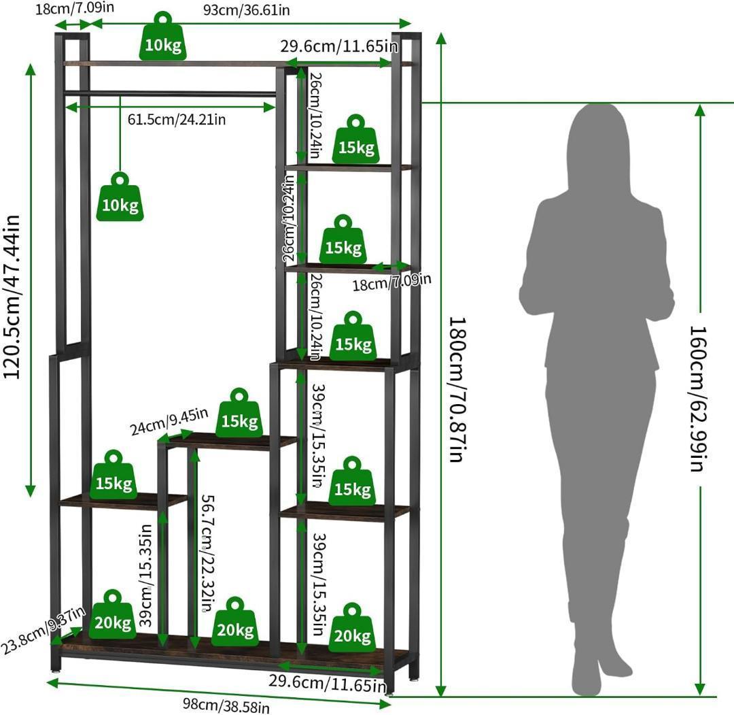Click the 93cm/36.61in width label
coord(246,10)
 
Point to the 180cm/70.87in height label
coord(458,390)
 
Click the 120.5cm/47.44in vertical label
coord(12,297)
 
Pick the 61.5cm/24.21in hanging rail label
coord(177,120)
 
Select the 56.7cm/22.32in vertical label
coord(209,553)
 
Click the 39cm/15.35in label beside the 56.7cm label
coord(147,576)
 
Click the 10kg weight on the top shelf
coord(163,37)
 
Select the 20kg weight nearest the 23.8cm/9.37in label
coord(113,614)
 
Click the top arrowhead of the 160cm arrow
coord(700,110)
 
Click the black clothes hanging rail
coord(170,94)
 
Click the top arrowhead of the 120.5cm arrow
coord(31,70)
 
